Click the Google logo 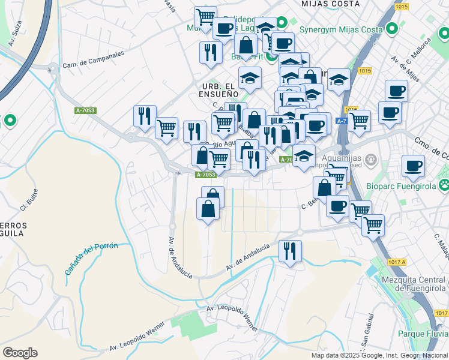(x=20, y=353)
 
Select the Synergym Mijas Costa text (x=342, y=28)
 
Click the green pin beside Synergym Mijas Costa (x=393, y=28)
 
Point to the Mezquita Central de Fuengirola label (x=412, y=283)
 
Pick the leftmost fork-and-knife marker (x=145, y=115)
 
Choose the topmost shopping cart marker (x=205, y=16)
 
